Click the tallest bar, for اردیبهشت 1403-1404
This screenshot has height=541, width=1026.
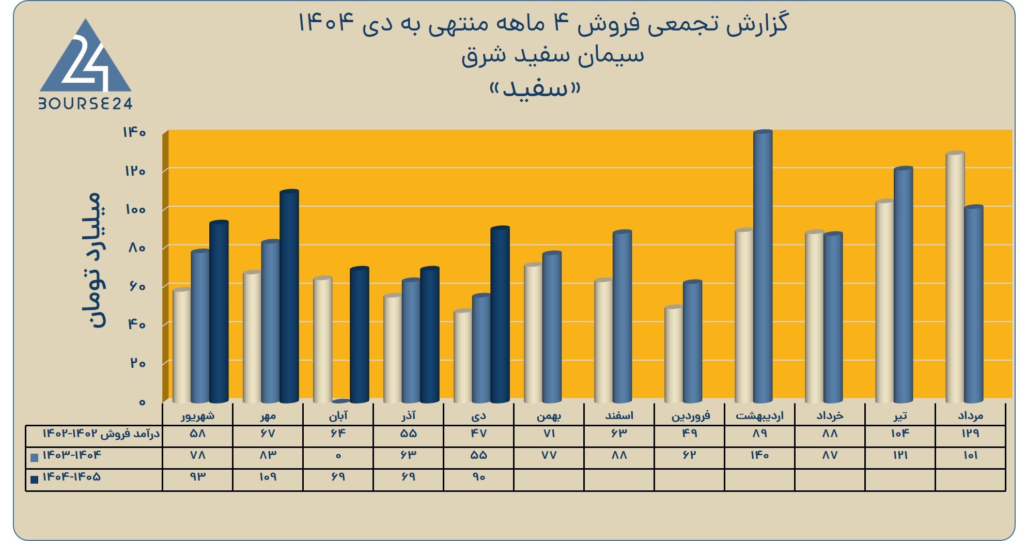coord(763,267)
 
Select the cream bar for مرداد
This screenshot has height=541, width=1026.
coord(955,277)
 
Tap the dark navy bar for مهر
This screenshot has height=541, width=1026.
coord(289,297)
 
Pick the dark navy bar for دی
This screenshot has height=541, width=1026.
coord(500,315)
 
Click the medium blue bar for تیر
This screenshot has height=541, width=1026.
coord(903,285)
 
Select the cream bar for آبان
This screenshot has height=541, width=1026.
coord(323,340)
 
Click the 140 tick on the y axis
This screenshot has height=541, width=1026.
coord(134,133)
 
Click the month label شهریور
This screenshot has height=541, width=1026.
coord(198,415)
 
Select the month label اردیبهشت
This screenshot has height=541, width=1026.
coord(759,415)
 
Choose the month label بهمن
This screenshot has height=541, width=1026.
coord(549,415)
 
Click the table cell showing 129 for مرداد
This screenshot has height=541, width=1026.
coord(970,434)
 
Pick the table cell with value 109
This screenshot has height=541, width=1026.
coord(268,477)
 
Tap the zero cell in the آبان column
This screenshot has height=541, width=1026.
coord(338,456)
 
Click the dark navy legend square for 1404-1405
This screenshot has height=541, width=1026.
coord(35,479)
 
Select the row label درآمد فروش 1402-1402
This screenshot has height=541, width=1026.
coord(101,434)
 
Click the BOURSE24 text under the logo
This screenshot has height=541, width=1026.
coord(86,104)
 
